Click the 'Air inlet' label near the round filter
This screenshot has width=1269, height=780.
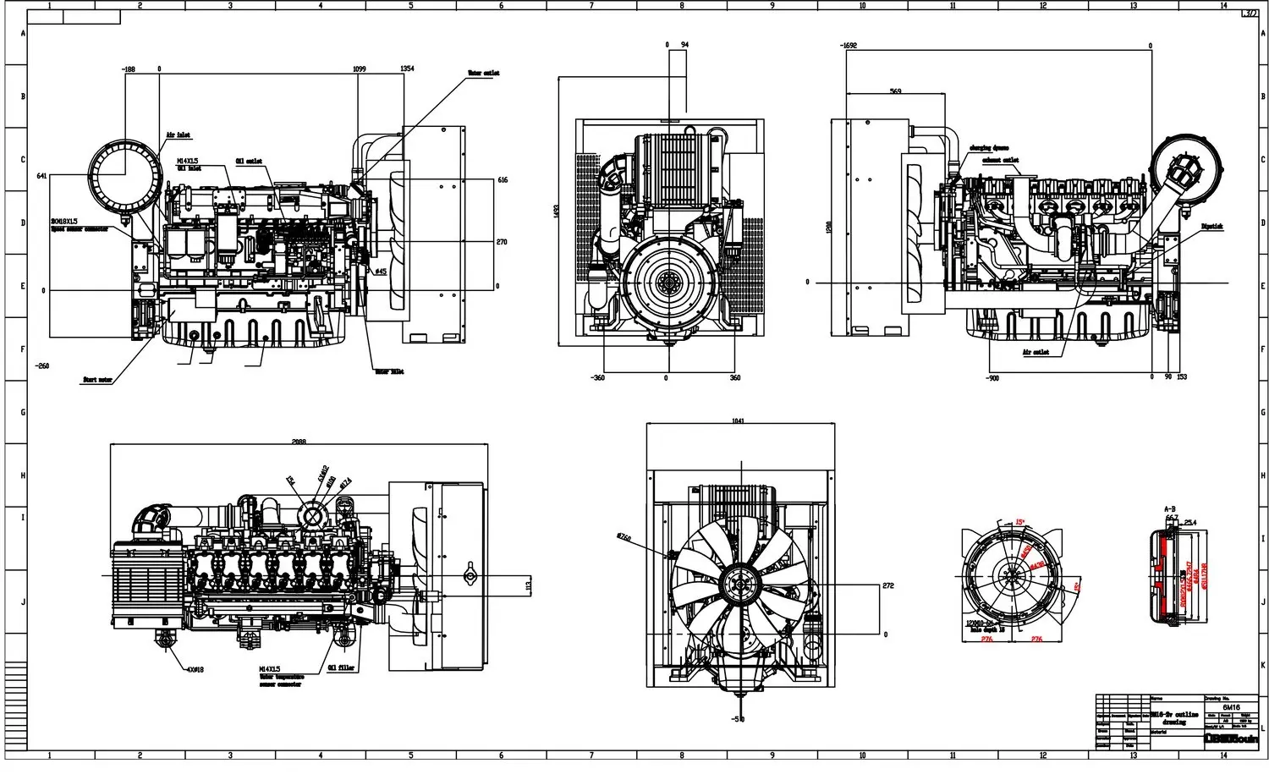[178, 135]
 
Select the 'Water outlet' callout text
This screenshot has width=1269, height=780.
[484, 74]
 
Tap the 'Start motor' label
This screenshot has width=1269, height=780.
[97, 381]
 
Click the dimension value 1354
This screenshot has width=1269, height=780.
[407, 69]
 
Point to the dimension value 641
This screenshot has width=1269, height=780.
[41, 176]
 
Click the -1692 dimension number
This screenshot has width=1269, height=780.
[849, 46]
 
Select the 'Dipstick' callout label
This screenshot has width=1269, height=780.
[1212, 227]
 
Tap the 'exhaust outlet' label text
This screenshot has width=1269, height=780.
[1001, 159]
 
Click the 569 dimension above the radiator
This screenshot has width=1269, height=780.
[895, 91]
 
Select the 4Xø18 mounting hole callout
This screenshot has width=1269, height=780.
[195, 669]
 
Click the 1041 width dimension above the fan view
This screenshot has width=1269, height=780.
[738, 420]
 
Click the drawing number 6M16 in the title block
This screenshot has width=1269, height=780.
[1232, 707]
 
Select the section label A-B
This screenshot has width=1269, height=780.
[1171, 508]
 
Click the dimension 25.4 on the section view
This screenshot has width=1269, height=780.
[1190, 522]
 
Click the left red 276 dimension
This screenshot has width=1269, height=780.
[986, 640]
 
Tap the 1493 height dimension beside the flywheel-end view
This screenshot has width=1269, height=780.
[556, 211]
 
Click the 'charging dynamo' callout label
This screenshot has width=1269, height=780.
[989, 147]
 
